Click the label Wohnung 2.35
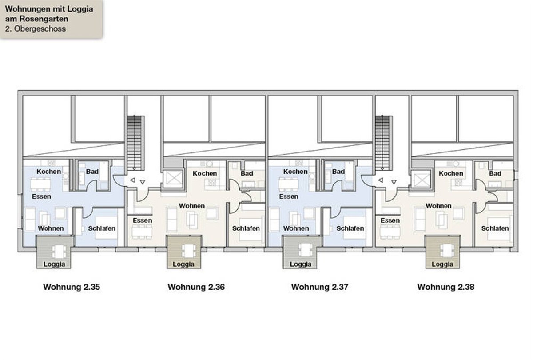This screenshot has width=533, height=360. [72, 287]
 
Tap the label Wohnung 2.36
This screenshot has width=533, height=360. [196, 287]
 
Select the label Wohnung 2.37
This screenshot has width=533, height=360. [320, 287]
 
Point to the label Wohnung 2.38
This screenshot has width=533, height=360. [446, 287]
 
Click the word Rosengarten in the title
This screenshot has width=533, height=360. [44, 19]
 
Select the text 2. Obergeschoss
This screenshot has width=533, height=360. [36, 29]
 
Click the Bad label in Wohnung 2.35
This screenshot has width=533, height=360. [92, 172]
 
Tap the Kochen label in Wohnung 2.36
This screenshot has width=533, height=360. [205, 173]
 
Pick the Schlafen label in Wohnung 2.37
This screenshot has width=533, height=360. [350, 228]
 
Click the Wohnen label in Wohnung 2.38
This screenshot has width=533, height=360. [438, 206]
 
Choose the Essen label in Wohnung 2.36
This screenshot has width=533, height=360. [142, 220]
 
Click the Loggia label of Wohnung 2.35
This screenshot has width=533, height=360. [54, 264]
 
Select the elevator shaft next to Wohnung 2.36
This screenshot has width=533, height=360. [173, 179]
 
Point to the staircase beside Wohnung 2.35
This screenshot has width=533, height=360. [135, 142]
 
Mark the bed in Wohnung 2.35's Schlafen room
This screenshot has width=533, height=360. [106, 228]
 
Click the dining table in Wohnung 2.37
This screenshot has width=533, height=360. [289, 184]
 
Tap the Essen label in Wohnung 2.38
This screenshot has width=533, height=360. [390, 220]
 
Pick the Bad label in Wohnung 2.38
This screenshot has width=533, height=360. [495, 173]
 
